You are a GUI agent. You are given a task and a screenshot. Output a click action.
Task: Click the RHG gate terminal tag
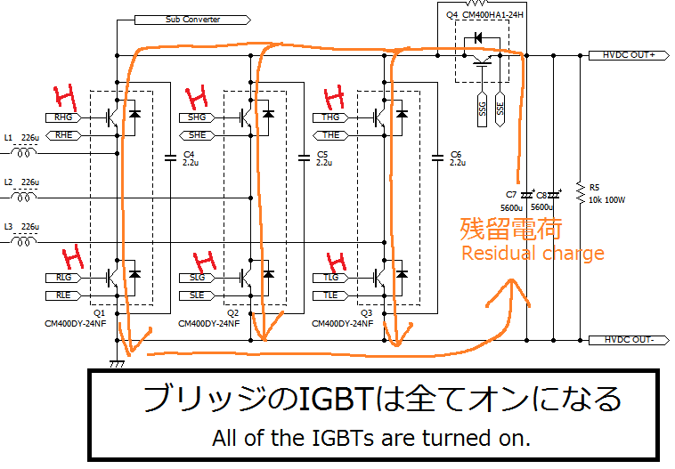click(63, 117)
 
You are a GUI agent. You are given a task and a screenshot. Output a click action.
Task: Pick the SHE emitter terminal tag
click(197, 134)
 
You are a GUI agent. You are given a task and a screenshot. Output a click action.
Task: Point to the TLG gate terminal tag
click(330, 278)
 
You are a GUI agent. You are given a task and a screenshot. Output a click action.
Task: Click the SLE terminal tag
click(197, 295)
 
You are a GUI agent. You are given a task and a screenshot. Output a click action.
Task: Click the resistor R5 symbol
click(580, 191)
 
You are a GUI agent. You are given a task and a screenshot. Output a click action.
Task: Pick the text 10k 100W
click(608, 200)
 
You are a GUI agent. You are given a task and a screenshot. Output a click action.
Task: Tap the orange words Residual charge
click(532, 254)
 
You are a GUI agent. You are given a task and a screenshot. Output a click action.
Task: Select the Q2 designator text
click(233, 313)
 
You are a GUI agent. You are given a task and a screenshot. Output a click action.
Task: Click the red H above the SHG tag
click(195, 93)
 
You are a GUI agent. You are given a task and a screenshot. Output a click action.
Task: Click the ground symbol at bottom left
click(117, 362)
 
